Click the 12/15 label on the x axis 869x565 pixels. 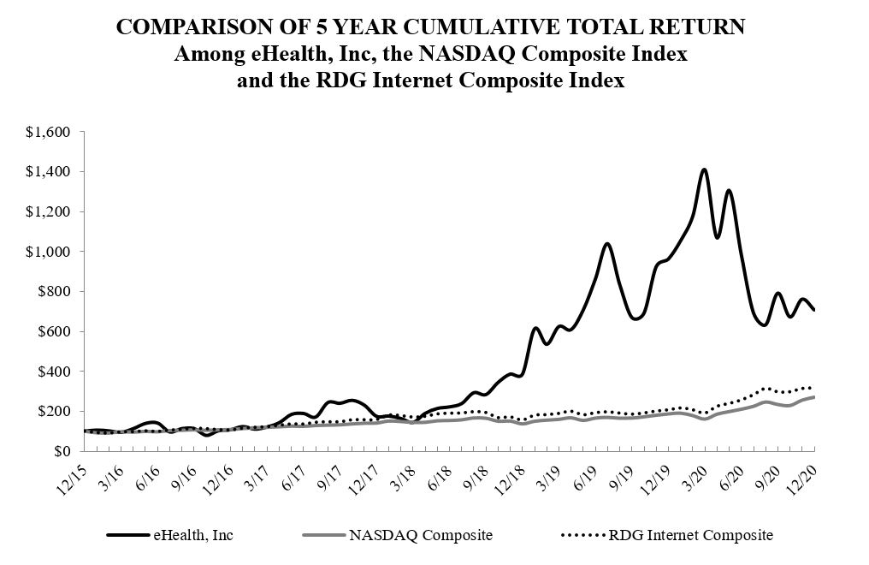pos(71,473)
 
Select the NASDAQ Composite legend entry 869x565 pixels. pos(420,536)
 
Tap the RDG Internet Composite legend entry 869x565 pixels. pos(691,536)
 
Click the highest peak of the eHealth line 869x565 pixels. pos(704,169)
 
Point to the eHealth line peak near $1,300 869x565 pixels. pos(729,191)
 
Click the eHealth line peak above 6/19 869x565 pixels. pos(606,244)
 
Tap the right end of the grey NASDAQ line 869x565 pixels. pos(813,397)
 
